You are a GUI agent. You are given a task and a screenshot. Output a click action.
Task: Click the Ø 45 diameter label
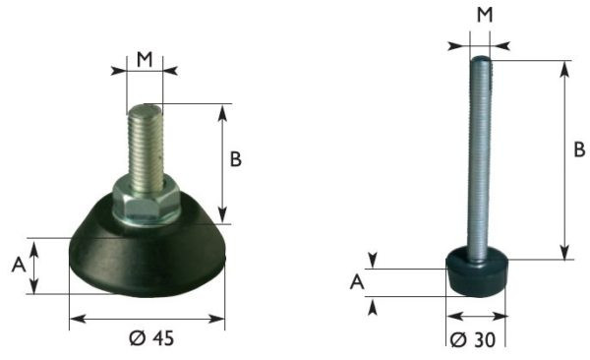(151, 338)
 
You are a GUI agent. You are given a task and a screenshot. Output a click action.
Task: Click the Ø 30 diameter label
(473, 340)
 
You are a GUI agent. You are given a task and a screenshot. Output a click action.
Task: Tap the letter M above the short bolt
(145, 59)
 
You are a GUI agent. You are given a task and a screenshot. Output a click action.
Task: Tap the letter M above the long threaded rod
(485, 15)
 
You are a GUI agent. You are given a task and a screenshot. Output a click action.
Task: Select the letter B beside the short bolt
(236, 159)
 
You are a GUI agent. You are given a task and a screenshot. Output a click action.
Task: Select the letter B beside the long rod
(579, 150)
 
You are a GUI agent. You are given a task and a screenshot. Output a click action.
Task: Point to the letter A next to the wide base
(19, 265)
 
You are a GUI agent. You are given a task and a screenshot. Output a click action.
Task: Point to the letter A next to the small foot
(357, 281)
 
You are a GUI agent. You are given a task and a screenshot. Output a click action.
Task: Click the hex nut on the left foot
(147, 200)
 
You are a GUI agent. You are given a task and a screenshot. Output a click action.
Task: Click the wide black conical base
(147, 256)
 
